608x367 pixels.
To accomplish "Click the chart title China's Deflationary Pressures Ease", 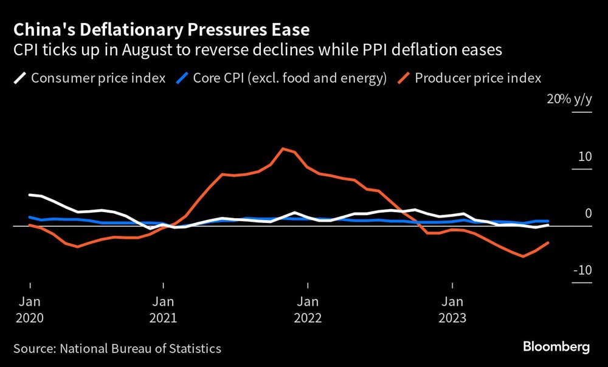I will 161,29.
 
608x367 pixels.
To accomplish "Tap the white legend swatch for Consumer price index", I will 20,78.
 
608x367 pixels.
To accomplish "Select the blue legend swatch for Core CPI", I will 182,78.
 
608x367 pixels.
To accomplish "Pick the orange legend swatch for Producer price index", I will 404,78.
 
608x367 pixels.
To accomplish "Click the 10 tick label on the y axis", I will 584,157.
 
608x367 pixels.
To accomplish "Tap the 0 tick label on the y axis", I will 588,213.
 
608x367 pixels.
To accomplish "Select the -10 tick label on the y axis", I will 582,270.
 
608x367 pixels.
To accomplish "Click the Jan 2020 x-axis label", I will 30,309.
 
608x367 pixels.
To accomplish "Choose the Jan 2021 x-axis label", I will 164,309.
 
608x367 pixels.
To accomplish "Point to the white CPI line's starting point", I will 30,194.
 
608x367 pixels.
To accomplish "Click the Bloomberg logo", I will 556,347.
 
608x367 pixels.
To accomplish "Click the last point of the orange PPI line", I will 548,242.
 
